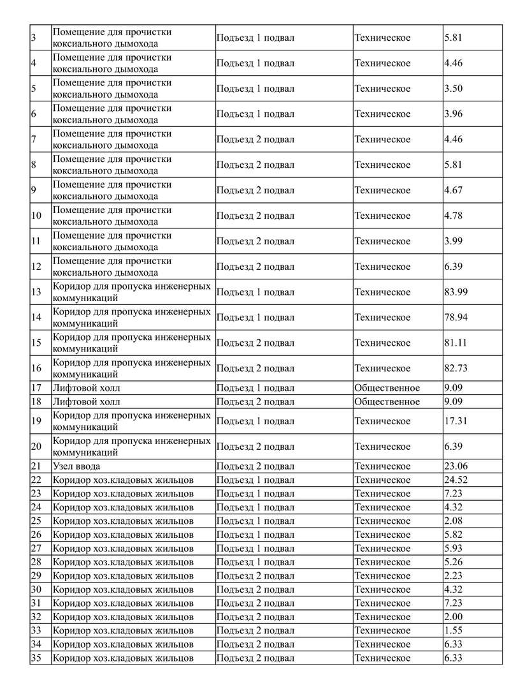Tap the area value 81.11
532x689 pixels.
pos(455,343)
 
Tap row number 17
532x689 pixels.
pos(36,388)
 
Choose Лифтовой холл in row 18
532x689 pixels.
pos(86,401)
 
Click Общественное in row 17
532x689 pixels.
pos(387,388)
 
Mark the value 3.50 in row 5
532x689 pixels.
pos(453,89)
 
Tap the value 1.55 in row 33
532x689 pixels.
pos(453,630)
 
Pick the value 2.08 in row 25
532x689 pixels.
pos(453,521)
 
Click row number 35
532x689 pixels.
pos(36,658)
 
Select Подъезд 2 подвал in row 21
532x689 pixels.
pos(255,466)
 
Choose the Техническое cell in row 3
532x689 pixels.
pos(382,38)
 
